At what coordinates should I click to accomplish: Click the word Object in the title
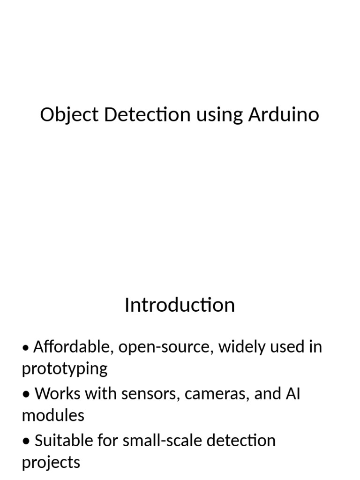69,115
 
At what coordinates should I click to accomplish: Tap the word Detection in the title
147,114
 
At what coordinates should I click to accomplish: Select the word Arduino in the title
284,114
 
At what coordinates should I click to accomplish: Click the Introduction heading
180,305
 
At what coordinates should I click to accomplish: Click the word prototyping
65,369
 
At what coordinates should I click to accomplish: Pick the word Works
57,394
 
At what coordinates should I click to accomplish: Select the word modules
53,416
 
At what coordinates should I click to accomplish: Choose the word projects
51,463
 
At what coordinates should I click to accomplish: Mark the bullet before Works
27,395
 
